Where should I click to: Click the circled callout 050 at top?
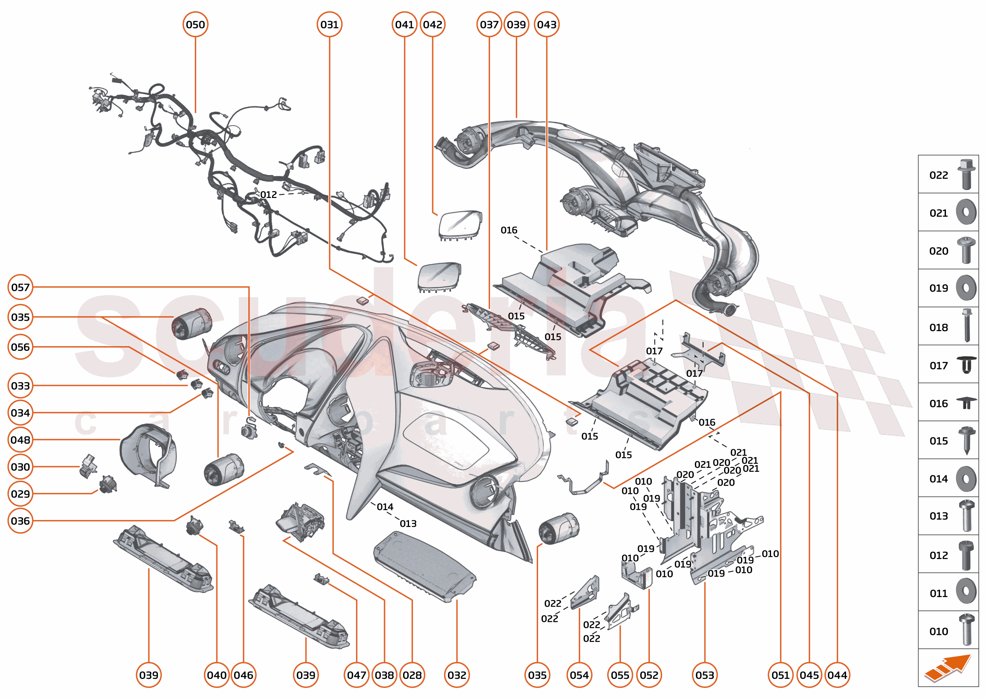coord(195,24)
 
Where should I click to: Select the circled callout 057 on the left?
coord(20,287)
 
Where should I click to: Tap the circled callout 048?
coord(20,439)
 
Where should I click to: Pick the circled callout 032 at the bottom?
coord(456,675)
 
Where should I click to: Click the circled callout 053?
coord(704,675)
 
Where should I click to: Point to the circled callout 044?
coord(837,675)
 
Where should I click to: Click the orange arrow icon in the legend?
coord(948,668)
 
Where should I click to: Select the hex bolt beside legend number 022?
coord(966,174)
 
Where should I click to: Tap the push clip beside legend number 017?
coord(966,365)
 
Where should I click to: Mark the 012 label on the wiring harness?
coord(268,194)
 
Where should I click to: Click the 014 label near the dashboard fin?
coord(385,507)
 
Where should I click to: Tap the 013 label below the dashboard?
coord(408,524)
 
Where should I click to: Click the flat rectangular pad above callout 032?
coord(424,566)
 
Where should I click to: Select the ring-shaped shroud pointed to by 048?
coord(148,454)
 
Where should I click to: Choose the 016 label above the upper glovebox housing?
coord(509,230)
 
